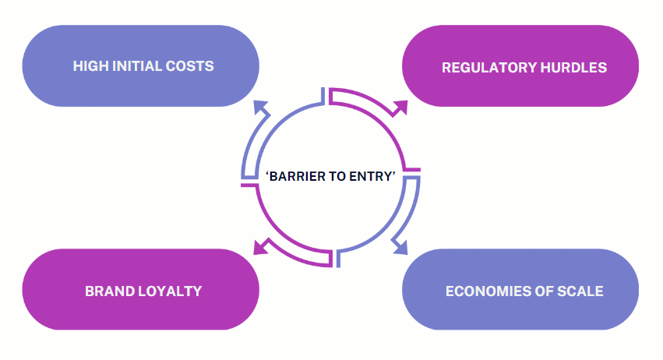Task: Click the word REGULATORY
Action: [480, 68]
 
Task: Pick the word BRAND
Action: [108, 291]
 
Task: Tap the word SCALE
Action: [580, 291]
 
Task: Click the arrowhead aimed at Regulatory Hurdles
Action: [400, 108]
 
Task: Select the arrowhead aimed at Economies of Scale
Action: [400, 248]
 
